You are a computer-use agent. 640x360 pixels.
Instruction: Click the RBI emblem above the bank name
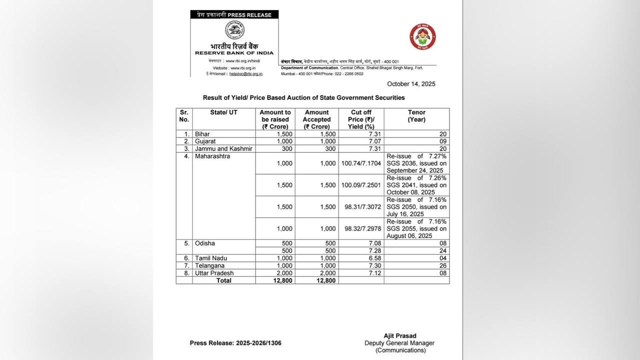pos(234,30)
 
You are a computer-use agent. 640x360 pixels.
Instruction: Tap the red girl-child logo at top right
pos(422,37)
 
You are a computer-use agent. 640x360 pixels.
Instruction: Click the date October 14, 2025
pos(411,84)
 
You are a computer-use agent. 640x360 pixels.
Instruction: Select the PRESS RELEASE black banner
pos(234,15)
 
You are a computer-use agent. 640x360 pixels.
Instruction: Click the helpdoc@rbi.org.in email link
pos(245,73)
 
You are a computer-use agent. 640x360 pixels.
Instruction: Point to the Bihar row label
pos(202,134)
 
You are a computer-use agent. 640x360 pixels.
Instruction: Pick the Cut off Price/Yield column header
pos(361,119)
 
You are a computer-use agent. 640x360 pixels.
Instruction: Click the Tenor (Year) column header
pos(416,116)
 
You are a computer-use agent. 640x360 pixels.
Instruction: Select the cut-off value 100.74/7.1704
pos(361,163)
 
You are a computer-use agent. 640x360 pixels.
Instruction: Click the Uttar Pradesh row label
pos(214,273)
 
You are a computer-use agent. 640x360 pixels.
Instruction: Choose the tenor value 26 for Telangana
pos(443,266)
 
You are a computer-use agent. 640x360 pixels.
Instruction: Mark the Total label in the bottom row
pos(223,280)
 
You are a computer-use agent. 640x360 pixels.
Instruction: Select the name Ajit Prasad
pos(400,336)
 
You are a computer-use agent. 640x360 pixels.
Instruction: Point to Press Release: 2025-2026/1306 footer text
pos(235,343)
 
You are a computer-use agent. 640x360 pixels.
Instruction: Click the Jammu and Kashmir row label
pos(223,149)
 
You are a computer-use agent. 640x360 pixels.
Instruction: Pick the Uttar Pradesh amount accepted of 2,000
pos(328,273)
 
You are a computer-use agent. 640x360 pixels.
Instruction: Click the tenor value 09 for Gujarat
pos(443,141)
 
